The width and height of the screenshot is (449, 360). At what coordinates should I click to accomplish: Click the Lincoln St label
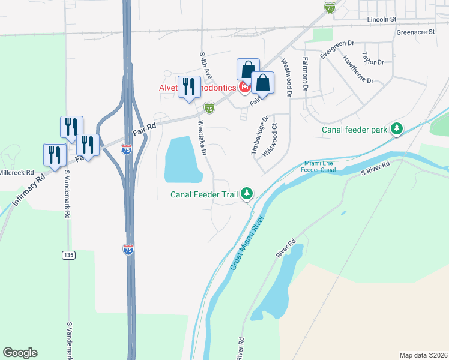click(382, 19)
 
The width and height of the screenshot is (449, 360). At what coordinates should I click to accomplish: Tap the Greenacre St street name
click(415, 32)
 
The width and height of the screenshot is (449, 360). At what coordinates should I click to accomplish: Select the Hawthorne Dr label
click(358, 69)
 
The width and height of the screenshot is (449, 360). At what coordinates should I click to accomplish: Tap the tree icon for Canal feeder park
click(396, 128)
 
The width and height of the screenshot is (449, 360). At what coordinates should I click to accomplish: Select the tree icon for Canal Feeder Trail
click(247, 194)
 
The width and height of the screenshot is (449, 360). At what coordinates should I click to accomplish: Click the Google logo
click(20, 353)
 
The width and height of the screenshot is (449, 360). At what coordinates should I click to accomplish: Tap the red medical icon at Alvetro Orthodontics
click(244, 88)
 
